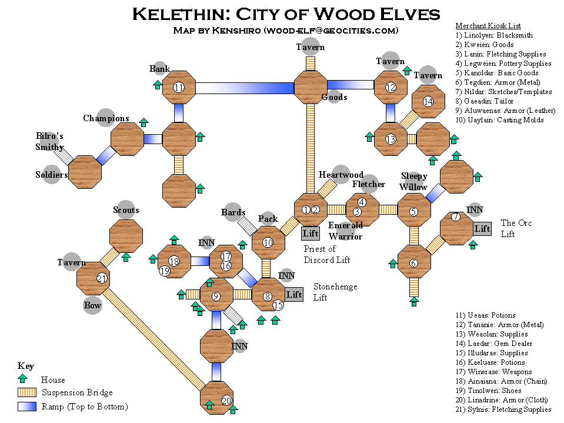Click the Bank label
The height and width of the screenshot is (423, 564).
(160, 68)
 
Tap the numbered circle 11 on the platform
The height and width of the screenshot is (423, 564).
(179, 87)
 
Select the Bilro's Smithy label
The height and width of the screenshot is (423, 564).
(49, 141)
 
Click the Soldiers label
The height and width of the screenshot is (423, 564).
(51, 175)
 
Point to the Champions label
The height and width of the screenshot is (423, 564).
(106, 118)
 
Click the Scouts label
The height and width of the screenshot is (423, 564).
(126, 210)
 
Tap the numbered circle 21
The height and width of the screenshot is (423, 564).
(102, 278)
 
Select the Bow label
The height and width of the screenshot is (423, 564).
(92, 305)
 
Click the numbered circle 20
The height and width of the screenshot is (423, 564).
(226, 400)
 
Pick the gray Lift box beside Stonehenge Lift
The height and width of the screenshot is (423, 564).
(294, 295)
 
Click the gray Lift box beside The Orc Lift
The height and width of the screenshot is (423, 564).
(482, 229)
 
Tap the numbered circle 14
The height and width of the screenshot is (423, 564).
(428, 101)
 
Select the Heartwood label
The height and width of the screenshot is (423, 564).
(341, 175)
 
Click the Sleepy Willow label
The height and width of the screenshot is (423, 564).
(413, 181)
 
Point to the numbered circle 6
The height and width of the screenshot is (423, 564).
(413, 264)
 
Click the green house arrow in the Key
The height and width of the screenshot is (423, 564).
(23, 378)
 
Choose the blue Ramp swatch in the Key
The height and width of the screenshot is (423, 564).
(27, 406)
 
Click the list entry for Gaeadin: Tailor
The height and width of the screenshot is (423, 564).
(484, 101)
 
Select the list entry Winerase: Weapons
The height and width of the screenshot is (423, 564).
(493, 372)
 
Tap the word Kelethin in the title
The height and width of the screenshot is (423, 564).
(181, 14)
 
